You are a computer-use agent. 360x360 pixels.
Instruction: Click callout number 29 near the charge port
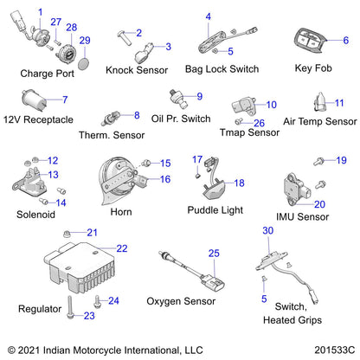point(85,41)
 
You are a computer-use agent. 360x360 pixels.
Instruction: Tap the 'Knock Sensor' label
point(135,69)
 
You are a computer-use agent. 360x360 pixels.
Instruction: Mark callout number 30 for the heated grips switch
point(267,230)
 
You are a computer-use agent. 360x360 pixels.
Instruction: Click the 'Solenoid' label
point(34,214)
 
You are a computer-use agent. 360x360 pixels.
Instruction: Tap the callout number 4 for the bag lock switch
point(208,16)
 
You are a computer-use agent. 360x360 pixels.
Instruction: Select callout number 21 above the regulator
point(92,232)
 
